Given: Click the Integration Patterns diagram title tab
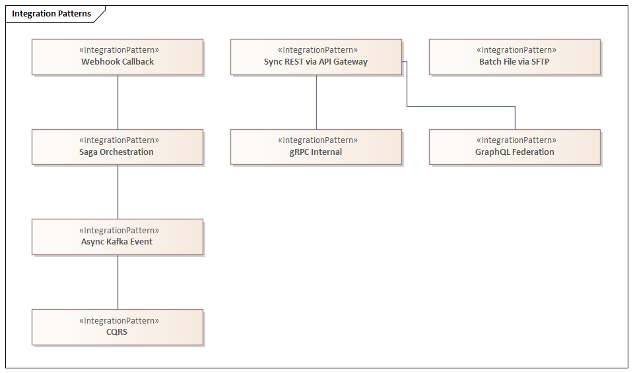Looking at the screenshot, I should pyautogui.click(x=51, y=14).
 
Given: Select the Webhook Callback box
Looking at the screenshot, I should pyautogui.click(x=117, y=57).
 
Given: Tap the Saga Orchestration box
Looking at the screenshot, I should pyautogui.click(x=117, y=147).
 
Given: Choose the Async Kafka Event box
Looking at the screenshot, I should pyautogui.click(x=117, y=237).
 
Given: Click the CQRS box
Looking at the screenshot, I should pyautogui.click(x=117, y=328).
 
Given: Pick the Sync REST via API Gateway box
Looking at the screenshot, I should pyautogui.click(x=316, y=57).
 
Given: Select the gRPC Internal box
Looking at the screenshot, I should pyautogui.click(x=316, y=147).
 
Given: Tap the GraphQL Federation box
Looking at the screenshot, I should pyautogui.click(x=515, y=147).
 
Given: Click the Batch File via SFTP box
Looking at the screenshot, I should pyautogui.click(x=515, y=57).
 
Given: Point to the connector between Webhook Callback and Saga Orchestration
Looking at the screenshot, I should pyautogui.click(x=118, y=102).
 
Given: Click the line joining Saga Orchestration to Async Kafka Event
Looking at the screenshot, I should pyautogui.click(x=118, y=192).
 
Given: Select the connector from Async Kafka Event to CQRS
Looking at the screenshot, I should pyautogui.click(x=118, y=282).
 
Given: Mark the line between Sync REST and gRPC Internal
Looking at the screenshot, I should pyautogui.click(x=316, y=102).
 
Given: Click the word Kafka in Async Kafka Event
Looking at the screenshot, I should pyautogui.click(x=118, y=242).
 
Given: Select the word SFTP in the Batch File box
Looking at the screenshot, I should pyautogui.click(x=539, y=62).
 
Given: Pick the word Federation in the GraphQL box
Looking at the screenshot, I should pyautogui.click(x=533, y=152).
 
